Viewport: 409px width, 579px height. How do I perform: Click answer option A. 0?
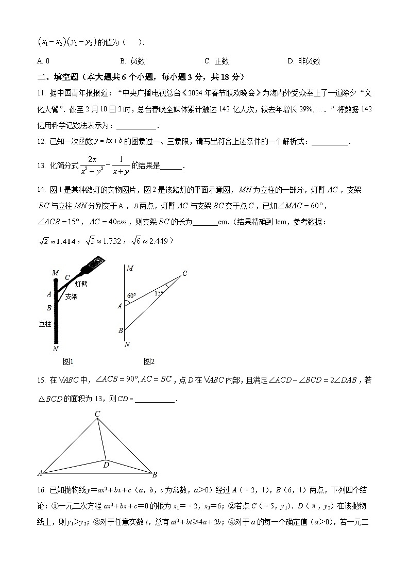(43, 61)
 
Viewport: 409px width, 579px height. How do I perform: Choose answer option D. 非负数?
(304, 61)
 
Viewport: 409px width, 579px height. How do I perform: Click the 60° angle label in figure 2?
(131, 296)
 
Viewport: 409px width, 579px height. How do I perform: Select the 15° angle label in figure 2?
(159, 293)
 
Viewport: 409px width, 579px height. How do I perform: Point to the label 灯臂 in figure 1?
(81, 284)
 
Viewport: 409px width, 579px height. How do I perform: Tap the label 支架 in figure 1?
(71, 296)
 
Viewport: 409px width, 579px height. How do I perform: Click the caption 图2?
(149, 361)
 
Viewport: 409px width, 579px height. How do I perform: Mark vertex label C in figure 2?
(184, 273)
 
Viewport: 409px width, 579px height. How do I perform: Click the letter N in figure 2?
(127, 344)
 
